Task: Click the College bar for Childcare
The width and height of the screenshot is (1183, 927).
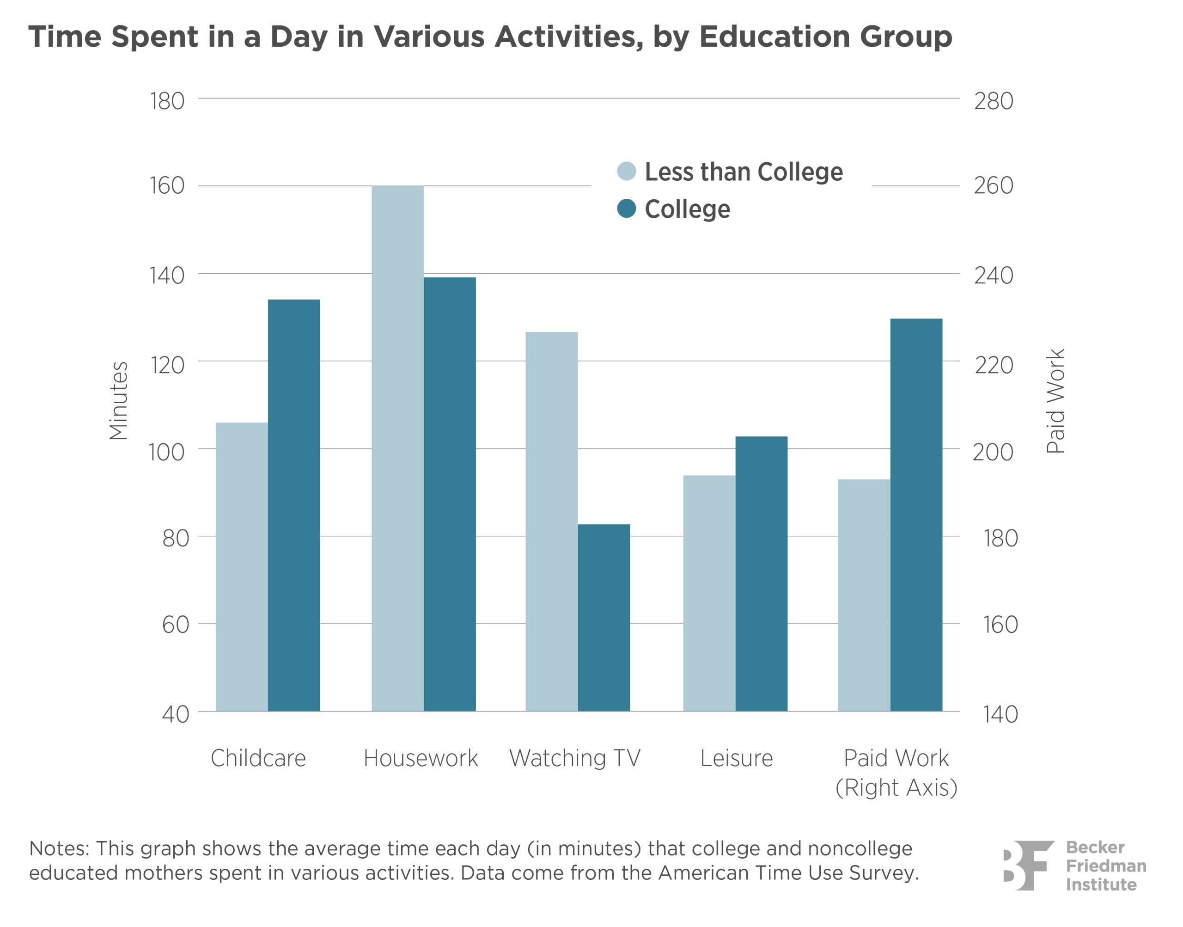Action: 293,505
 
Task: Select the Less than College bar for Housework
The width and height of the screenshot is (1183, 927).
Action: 397,448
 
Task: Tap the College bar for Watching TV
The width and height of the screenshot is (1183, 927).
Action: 604,617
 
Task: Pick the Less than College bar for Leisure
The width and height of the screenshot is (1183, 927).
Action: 709,593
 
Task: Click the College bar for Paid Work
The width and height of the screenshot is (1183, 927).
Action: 916,515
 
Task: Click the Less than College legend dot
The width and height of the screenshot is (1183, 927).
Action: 627,171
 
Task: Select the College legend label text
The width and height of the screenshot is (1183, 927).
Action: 687,209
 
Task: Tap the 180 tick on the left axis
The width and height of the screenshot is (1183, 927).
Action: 167,101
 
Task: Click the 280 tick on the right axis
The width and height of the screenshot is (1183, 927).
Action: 994,101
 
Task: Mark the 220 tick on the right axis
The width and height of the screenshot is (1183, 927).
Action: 994,365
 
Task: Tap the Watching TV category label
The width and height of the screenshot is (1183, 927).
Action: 574,758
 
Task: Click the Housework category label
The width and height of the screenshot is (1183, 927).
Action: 421,758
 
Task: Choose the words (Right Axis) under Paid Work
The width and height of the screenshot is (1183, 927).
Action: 896,787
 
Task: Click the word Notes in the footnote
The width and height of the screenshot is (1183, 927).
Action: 58,848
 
